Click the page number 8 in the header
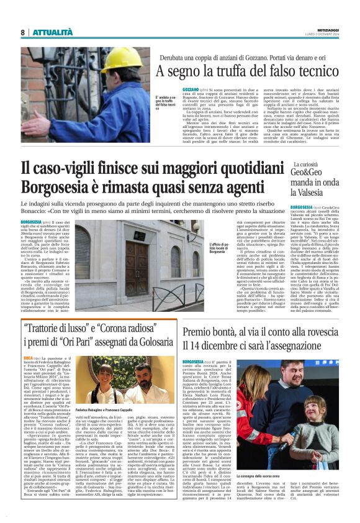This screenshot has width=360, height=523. [22, 32]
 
